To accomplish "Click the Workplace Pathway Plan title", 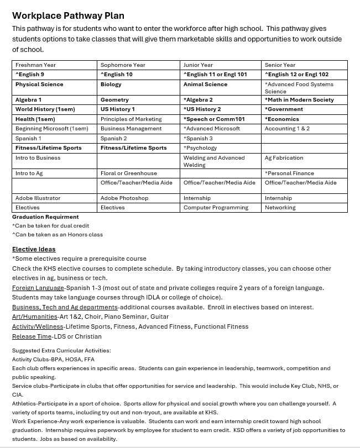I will tap(68, 16).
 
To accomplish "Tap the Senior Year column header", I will tap(280, 65).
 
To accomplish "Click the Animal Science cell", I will tap(205, 85).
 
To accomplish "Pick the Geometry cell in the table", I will tap(114, 100).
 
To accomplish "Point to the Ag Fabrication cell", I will tap(284, 158).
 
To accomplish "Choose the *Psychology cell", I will tap(201, 148).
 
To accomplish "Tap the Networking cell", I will tap(280, 208).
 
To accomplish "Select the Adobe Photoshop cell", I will tap(124, 198).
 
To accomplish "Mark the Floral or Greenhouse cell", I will tap(128, 173).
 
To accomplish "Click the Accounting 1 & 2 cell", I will tap(287, 129).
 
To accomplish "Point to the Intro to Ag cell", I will tap(29, 173).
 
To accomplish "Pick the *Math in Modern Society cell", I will tap(299, 100).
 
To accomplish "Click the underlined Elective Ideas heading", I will tap(34, 249).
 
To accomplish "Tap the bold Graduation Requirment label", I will tap(45, 217).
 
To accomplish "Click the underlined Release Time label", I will tap(31, 336).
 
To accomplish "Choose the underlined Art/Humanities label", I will tap(34, 317).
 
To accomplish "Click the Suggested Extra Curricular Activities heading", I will tap(61, 351).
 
